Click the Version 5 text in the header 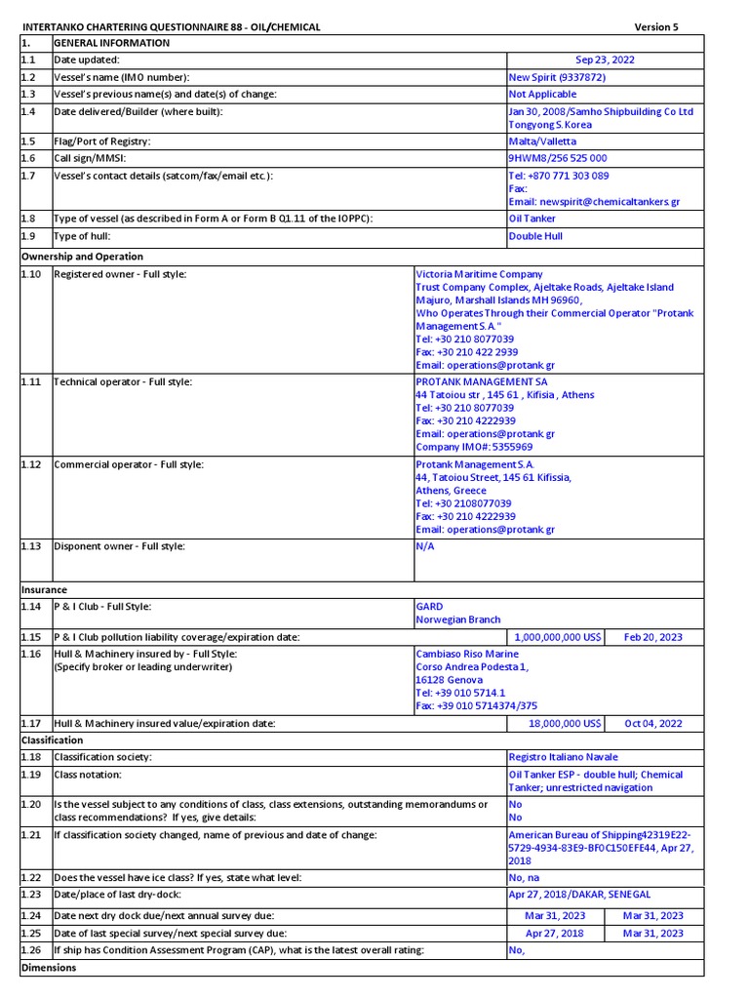click(x=656, y=26)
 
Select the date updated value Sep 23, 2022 click(x=605, y=60)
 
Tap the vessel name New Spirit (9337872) click(x=557, y=77)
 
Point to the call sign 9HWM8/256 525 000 click(x=558, y=158)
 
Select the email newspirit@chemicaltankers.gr click(x=594, y=201)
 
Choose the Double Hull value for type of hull click(x=535, y=236)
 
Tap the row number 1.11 click(x=31, y=381)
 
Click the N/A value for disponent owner click(x=424, y=546)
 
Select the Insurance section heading click(x=44, y=590)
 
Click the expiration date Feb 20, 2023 click(x=653, y=637)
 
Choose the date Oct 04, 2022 click(x=653, y=724)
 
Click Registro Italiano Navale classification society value click(x=564, y=757)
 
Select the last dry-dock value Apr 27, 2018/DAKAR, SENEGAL click(x=579, y=895)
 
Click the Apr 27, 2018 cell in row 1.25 click(x=554, y=933)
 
